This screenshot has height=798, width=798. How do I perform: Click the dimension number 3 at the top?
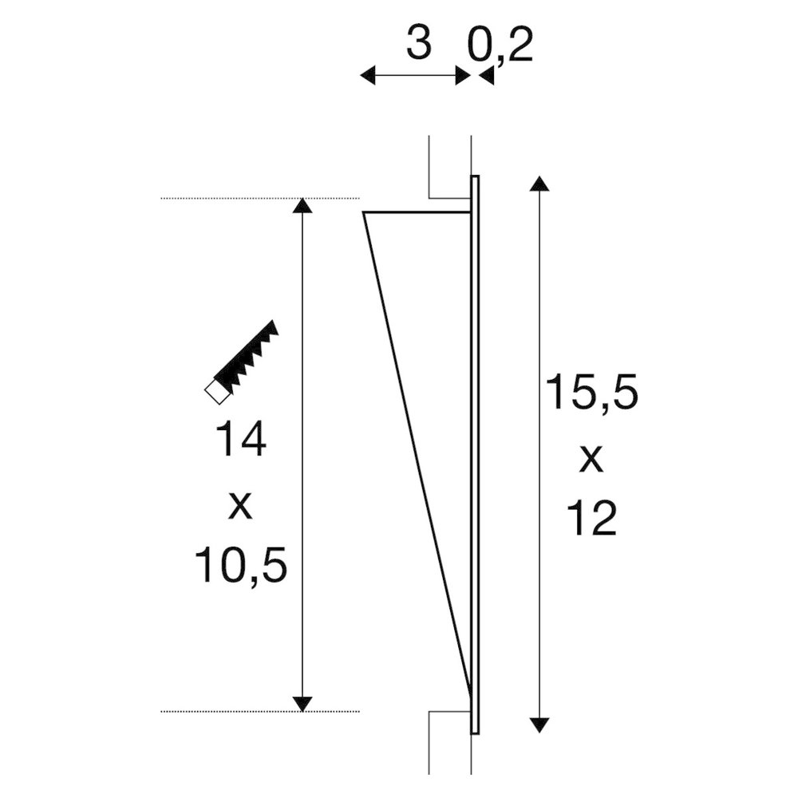tap(418, 45)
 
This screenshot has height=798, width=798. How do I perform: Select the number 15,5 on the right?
tap(591, 393)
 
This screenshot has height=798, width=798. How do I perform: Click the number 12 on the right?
tap(591, 519)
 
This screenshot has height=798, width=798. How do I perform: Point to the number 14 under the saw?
tap(240, 441)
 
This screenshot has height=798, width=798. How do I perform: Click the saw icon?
tap(243, 360)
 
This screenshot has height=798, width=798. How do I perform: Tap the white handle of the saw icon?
tap(215, 391)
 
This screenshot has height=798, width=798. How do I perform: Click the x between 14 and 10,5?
tap(240, 505)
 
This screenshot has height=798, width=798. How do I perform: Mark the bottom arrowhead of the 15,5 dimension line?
tap(540, 724)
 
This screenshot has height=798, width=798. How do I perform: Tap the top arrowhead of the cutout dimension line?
tap(302, 206)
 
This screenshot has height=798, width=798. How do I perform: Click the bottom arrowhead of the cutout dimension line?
tap(302, 702)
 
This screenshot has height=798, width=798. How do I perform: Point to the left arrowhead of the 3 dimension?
tap(368, 76)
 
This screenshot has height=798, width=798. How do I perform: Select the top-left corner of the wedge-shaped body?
tap(363, 213)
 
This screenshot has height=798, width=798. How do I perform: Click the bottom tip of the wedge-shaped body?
tap(468, 691)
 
